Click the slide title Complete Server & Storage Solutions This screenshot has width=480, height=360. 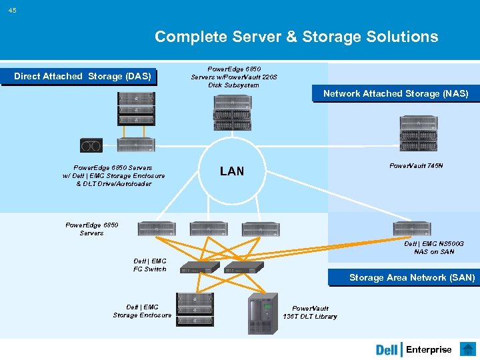click(x=296, y=37)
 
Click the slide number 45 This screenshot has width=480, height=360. click(x=13, y=9)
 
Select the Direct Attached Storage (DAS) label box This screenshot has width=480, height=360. click(x=82, y=77)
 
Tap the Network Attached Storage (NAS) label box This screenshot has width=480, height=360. click(x=395, y=94)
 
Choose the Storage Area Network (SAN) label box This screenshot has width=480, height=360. click(x=411, y=278)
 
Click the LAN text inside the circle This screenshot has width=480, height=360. click(x=231, y=171)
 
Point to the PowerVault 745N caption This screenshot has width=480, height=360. click(x=415, y=165)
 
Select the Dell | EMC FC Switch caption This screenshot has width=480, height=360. click(x=150, y=265)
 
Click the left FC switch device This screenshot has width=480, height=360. click(x=195, y=268)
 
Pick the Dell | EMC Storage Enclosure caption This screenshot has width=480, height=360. click(x=142, y=311)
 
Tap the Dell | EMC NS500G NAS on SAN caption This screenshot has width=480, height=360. click(x=433, y=248)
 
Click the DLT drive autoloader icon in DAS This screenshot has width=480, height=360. click(x=91, y=145)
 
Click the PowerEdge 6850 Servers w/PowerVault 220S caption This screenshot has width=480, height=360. click(x=233, y=77)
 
